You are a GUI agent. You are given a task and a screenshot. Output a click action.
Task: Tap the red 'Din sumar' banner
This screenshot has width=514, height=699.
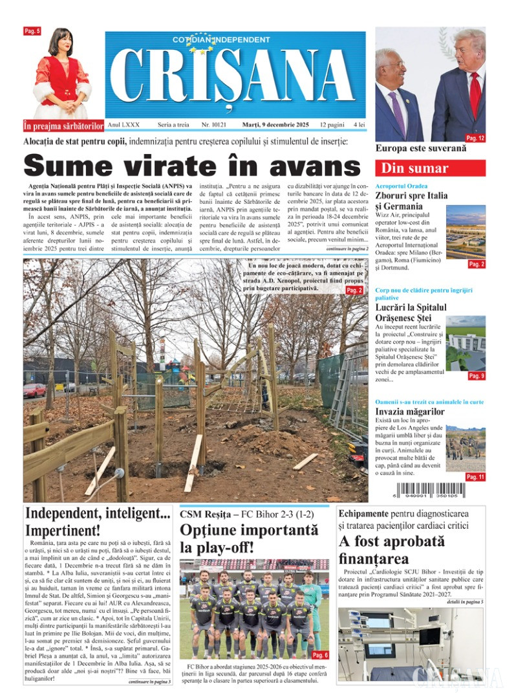(430, 168)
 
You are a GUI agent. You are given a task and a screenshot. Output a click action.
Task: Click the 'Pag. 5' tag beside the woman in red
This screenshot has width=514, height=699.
(32, 30)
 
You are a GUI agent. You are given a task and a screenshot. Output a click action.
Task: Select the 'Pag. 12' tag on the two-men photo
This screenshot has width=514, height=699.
(475, 138)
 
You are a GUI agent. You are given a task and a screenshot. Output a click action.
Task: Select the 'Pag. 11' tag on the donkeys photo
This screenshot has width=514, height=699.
(475, 477)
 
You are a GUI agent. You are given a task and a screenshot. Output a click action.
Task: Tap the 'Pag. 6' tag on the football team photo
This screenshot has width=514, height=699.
(321, 655)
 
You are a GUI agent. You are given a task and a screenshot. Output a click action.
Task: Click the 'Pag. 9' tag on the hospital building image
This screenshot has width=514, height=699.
(476, 376)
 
